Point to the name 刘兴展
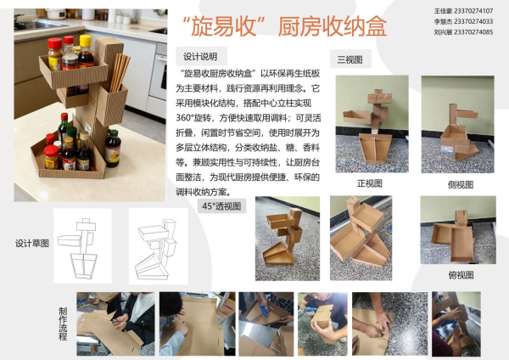point(433,32)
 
